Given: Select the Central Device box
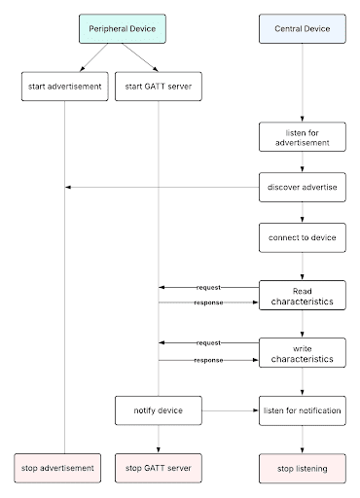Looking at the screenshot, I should [302, 29].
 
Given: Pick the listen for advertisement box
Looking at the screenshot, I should [302, 137].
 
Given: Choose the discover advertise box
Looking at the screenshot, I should [302, 188].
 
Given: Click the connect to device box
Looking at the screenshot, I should [302, 237].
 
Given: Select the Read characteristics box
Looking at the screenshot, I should [302, 296].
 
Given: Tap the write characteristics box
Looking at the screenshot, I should [302, 352].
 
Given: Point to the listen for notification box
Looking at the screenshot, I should [302, 410].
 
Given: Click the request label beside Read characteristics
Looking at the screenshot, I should [208, 288].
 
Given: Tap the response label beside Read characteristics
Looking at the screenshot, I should [208, 303].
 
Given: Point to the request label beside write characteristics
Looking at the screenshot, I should [208, 343].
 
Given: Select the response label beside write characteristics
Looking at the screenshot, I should [208, 360].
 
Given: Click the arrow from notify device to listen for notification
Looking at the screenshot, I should [230, 410].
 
